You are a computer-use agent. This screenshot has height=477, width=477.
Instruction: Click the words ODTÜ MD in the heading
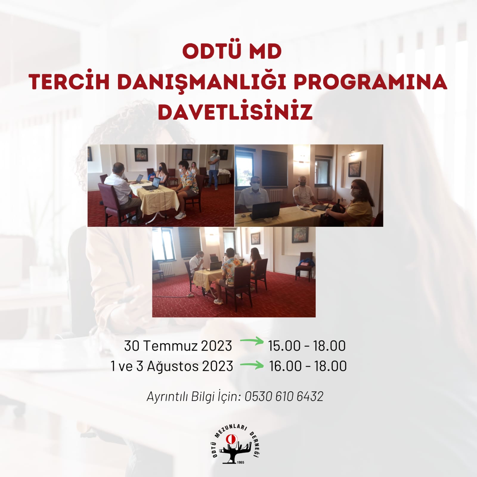pyautogui.click(x=232, y=52)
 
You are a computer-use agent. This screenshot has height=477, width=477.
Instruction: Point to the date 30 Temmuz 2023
pyautogui.click(x=178, y=346)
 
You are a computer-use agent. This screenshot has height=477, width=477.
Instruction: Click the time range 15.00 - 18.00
pyautogui.click(x=307, y=346)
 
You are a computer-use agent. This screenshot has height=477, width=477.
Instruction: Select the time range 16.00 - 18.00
pyautogui.click(x=308, y=366)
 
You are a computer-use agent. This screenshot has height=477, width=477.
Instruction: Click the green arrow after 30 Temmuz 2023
pyautogui.click(x=252, y=341)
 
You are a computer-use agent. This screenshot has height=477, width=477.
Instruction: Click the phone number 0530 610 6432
pyautogui.click(x=284, y=397)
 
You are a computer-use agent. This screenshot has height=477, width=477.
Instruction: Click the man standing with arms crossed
pyautogui.click(x=213, y=169)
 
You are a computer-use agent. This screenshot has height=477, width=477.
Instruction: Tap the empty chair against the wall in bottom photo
pyautogui.click(x=304, y=265)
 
